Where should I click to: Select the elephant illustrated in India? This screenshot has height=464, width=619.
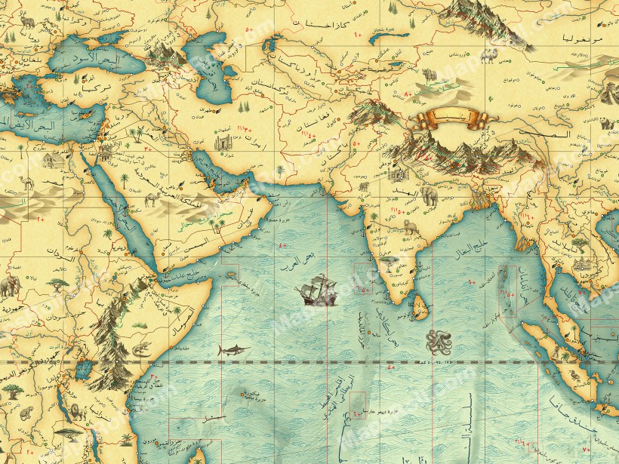coord(429,195)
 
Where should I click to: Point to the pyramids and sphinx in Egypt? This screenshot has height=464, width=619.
coord(50,161)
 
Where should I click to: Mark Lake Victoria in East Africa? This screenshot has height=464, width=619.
coord(84,368)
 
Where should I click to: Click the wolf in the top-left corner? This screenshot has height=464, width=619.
coord(26,18)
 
